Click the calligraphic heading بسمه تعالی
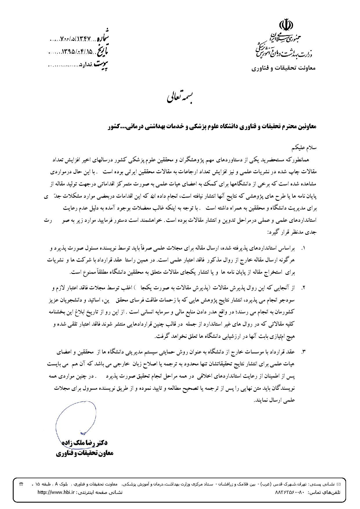coord(180,98)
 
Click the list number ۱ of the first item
coord(304,249)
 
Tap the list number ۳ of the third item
coord(304,352)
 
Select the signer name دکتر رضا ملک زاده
coord(85,443)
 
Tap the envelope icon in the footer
coord(338,484)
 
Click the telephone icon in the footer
coord(21,484)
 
